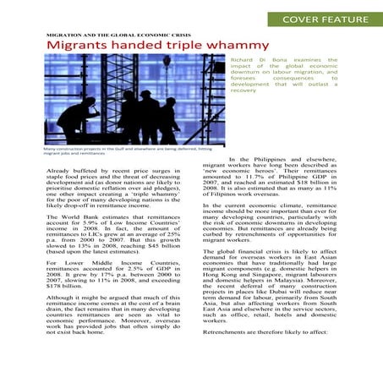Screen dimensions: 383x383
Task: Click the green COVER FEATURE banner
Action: (x=325, y=19)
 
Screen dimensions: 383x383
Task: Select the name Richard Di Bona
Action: (x=254, y=61)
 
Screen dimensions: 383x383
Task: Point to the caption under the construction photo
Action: (x=93, y=152)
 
